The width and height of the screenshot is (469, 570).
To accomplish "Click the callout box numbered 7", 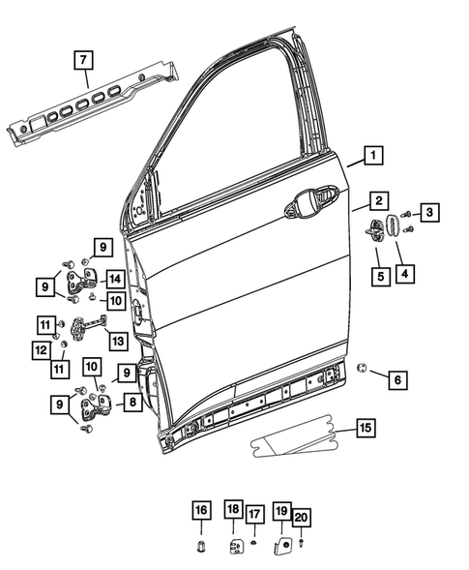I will pyautogui.click(x=84, y=60).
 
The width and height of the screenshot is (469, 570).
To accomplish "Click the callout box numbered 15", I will pyautogui.click(x=364, y=427).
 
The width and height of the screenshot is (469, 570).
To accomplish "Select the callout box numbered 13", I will pyautogui.click(x=118, y=341).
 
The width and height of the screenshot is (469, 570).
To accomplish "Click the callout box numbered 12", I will pyautogui.click(x=42, y=349).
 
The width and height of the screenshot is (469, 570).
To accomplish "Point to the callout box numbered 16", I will pyautogui.click(x=200, y=512).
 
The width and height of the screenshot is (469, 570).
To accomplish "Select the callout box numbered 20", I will pyautogui.click(x=301, y=519).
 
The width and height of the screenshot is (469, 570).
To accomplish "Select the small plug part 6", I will pyautogui.click(x=361, y=367).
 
